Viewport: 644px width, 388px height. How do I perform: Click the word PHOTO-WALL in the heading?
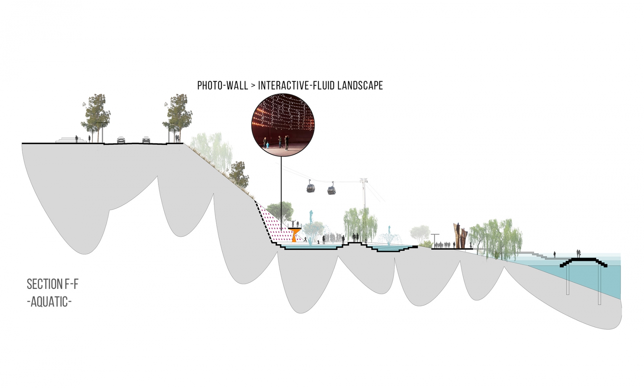[x=223, y=85]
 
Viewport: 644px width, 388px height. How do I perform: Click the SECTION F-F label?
[x=53, y=284]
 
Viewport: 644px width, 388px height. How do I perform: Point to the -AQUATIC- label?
[x=49, y=302]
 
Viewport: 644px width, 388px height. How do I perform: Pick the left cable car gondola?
[x=310, y=187]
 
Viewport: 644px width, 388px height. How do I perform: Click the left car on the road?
[x=121, y=140]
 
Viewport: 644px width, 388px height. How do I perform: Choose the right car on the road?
[x=146, y=139]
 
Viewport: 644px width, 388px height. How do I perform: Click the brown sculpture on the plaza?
[x=460, y=235]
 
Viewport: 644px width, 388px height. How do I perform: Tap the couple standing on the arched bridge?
[x=578, y=254]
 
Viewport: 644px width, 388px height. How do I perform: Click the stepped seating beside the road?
[x=71, y=140]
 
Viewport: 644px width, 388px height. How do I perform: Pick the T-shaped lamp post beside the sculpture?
[x=435, y=240]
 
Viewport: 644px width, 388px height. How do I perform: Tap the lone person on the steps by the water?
[x=555, y=254]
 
